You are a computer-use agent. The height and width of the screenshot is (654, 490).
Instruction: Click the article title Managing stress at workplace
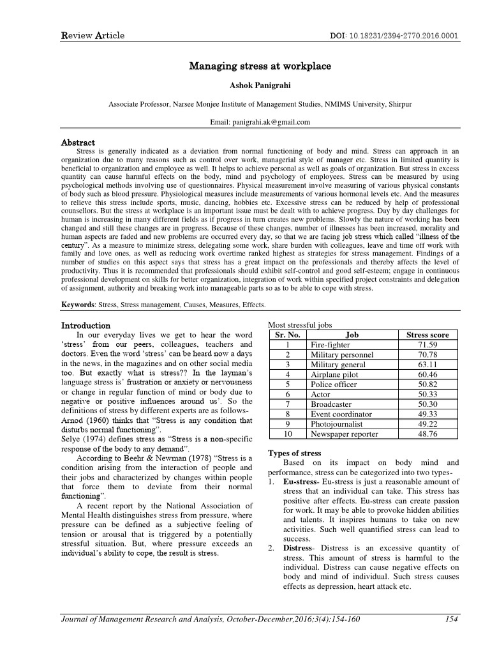245,66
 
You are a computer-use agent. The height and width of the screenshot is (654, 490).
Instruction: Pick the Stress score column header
427,335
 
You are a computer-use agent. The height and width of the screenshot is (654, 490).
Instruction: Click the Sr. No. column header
288,335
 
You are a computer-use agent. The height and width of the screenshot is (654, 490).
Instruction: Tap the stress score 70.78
427,354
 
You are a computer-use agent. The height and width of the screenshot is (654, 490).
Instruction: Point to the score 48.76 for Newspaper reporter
427,434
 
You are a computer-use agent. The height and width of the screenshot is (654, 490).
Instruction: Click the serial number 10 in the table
288,434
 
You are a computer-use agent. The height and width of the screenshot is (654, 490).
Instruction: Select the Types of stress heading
295,453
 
